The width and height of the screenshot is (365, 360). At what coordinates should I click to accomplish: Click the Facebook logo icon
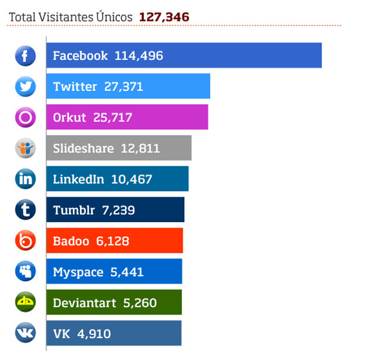click(25, 56)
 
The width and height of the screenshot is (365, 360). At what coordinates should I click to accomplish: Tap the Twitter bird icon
click(25, 87)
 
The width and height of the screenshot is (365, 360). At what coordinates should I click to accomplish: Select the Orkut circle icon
click(25, 117)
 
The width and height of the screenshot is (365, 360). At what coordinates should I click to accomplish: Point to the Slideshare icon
click(25, 148)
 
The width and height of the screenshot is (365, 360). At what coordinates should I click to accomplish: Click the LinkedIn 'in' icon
click(25, 179)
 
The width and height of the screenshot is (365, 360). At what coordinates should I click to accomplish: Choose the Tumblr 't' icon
click(25, 210)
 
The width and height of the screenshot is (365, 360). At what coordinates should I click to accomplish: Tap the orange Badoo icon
click(25, 240)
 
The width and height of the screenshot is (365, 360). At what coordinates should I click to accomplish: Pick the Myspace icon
click(25, 271)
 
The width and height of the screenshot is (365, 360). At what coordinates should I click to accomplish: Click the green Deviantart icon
click(25, 302)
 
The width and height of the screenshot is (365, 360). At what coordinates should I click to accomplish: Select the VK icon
click(25, 333)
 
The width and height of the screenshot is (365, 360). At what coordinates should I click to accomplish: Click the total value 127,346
click(164, 17)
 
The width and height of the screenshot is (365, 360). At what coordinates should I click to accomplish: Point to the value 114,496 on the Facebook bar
click(139, 56)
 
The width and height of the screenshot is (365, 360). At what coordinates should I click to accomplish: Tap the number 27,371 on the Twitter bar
click(123, 87)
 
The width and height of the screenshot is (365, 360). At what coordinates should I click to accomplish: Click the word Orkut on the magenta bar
click(69, 117)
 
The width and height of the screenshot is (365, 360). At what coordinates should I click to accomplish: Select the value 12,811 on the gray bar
click(140, 148)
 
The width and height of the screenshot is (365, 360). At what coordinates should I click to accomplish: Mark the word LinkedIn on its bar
click(78, 179)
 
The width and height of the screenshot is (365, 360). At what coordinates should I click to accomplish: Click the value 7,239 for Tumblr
click(118, 210)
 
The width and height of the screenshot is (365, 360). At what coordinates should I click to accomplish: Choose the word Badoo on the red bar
click(71, 241)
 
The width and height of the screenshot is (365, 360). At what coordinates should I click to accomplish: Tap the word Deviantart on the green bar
click(85, 303)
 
